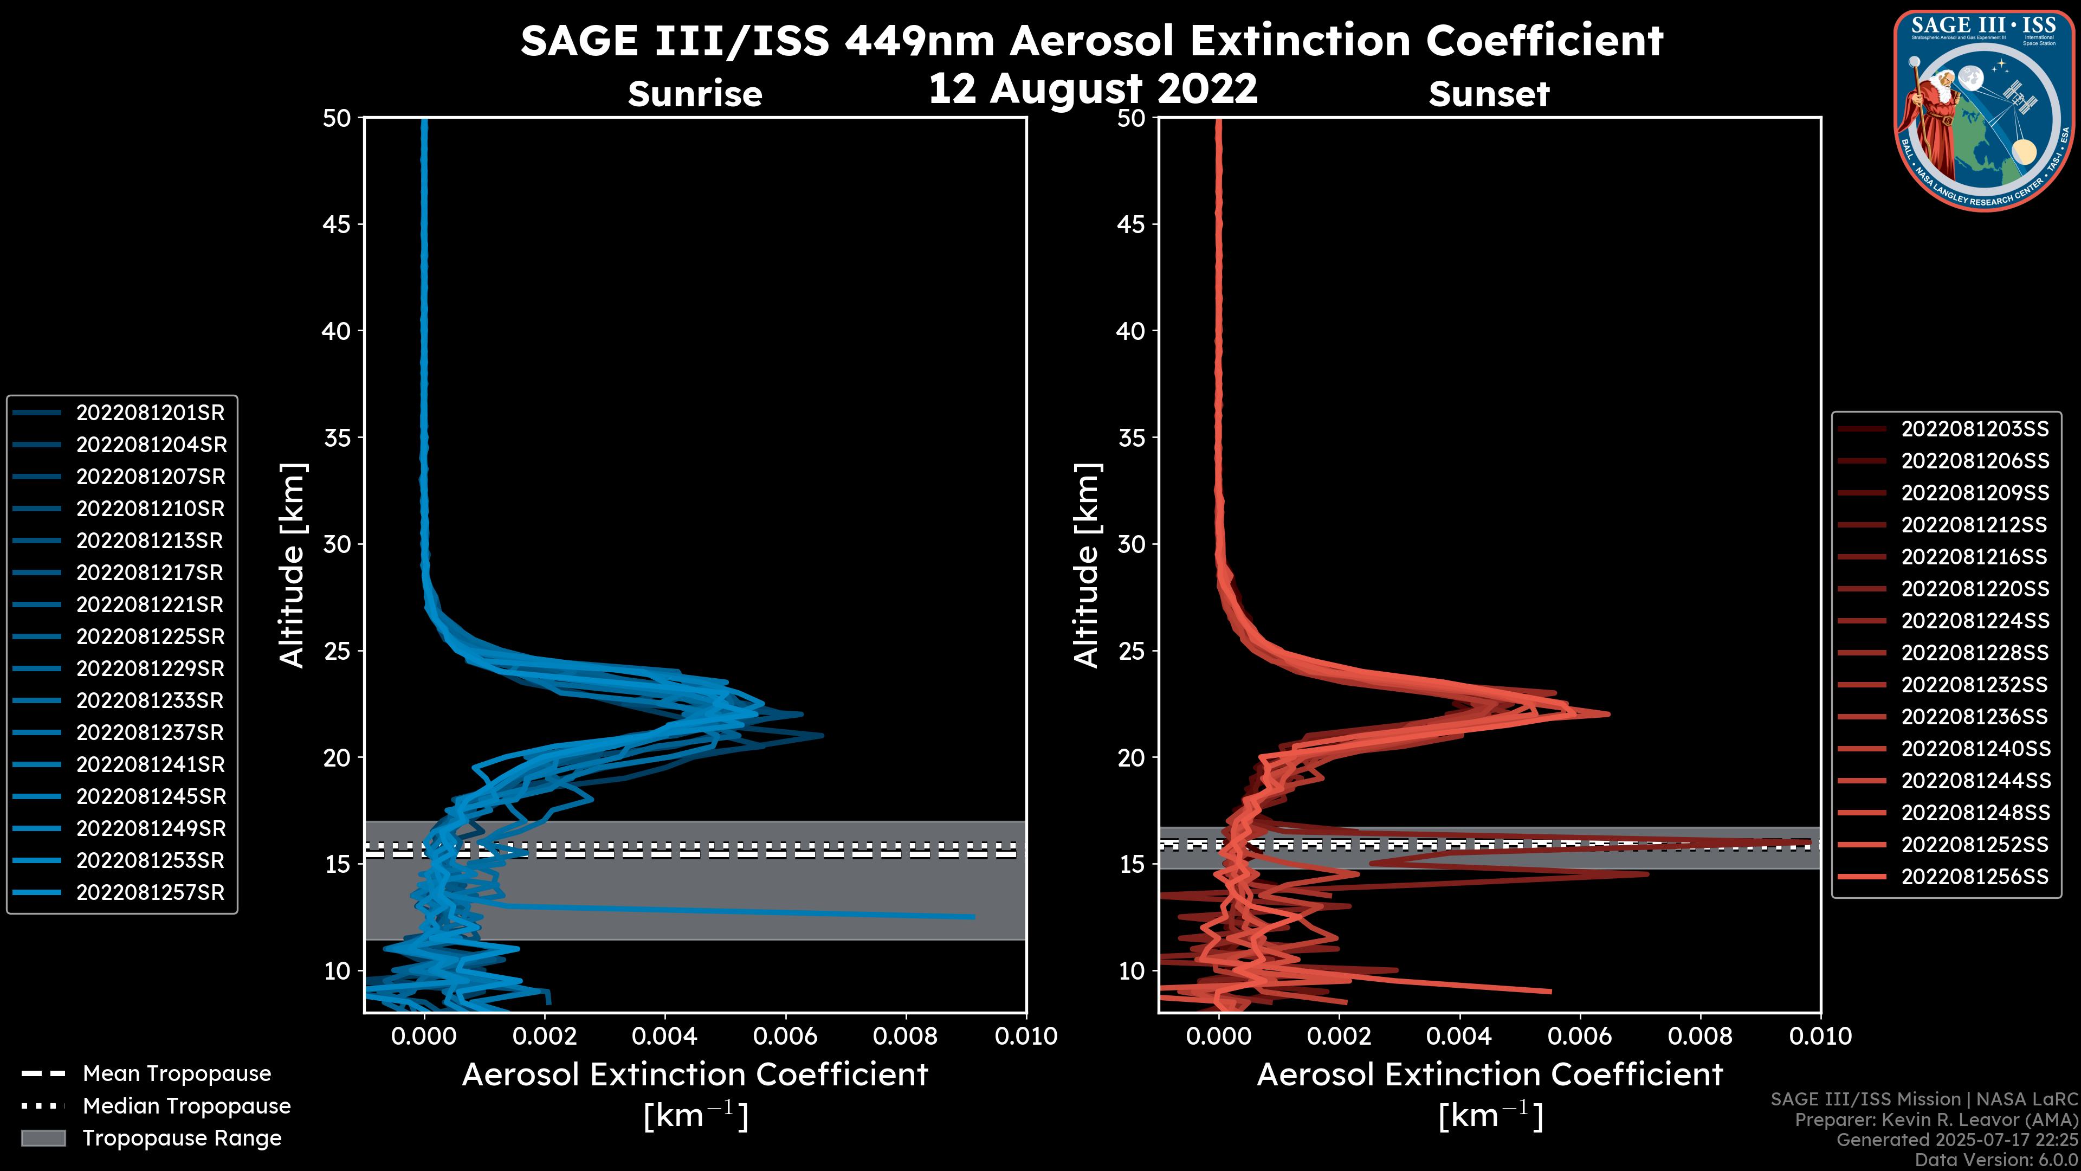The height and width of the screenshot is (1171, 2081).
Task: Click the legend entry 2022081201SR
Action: (150, 413)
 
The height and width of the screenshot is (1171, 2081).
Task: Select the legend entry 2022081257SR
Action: (150, 893)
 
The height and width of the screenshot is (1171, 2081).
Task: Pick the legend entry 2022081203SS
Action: (1974, 429)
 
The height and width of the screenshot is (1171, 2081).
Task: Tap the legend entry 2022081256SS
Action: (1974, 877)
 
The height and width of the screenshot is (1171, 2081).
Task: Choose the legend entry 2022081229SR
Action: (150, 669)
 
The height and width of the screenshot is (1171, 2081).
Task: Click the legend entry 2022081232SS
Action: (1974, 685)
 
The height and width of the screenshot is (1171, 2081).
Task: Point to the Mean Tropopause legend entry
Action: (176, 1074)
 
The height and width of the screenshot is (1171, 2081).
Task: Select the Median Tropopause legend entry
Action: (186, 1106)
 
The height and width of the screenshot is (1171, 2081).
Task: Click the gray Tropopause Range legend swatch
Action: (43, 1138)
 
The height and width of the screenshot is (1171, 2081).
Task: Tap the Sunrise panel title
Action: (695, 94)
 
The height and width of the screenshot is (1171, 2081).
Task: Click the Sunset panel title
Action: (1489, 94)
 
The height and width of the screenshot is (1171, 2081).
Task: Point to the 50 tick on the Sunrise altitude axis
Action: (337, 118)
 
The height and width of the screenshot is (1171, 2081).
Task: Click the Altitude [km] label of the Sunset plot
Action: (1087, 565)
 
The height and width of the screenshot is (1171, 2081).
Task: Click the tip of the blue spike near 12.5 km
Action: (973, 916)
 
